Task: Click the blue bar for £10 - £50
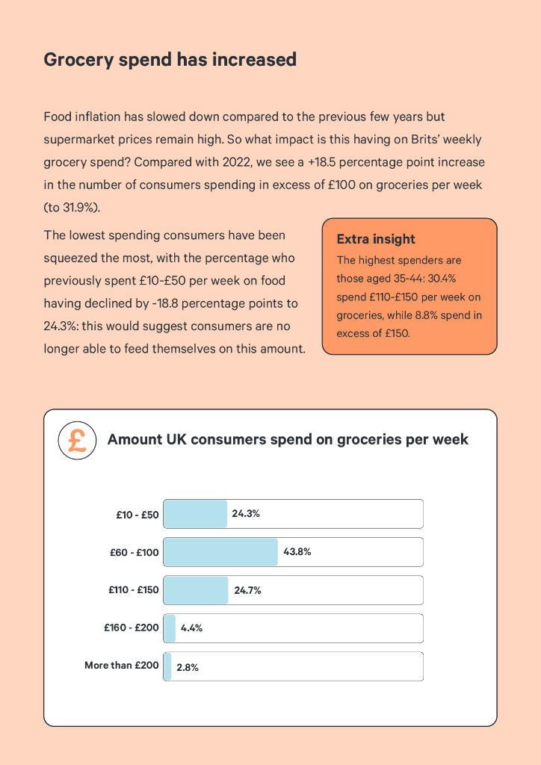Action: pos(195,514)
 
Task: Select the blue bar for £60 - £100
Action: pos(220,552)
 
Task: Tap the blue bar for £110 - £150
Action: pos(196,590)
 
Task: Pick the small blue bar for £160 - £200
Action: pos(170,628)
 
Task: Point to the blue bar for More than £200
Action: pos(167,666)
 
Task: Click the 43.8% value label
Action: pos(297,552)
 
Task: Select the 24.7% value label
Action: pos(247,590)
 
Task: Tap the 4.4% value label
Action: pos(191,628)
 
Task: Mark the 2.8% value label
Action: pos(187,668)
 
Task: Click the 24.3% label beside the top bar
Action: pos(245,514)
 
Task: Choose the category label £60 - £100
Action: pos(134,553)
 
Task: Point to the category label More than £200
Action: pos(121,665)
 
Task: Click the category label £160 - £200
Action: pos(132,628)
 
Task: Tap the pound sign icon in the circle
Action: pos(77,441)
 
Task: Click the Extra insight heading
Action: pos(376,239)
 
